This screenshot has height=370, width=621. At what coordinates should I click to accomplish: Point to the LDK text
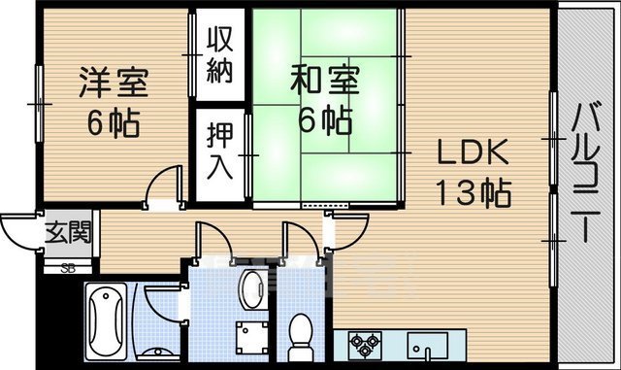[x=470, y=153]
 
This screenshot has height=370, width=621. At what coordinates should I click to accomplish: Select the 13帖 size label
[x=472, y=193]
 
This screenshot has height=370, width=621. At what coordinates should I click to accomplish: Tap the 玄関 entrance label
[x=69, y=233]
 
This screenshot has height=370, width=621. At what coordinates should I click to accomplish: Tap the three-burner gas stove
[x=368, y=344]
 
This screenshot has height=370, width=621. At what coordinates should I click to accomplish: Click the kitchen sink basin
[x=428, y=344]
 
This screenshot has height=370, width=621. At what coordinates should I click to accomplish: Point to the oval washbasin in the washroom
[x=252, y=287]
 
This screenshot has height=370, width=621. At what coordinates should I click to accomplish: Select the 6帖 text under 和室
[x=323, y=121]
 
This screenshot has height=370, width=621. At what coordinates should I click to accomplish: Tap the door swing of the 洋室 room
[x=165, y=185]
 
